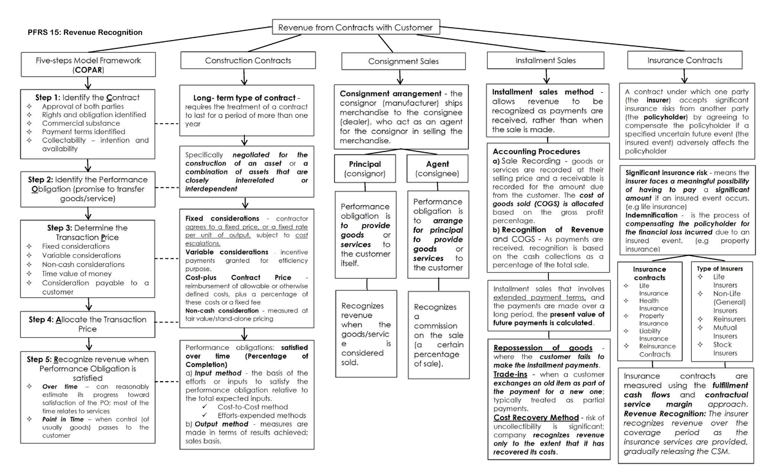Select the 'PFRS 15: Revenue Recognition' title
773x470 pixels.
[85, 32]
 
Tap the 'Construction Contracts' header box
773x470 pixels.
[248, 61]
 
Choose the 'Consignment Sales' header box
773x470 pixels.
[403, 61]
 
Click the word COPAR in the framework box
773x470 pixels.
[88, 69]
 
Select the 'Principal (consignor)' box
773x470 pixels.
[365, 169]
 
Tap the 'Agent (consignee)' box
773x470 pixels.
[437, 169]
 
